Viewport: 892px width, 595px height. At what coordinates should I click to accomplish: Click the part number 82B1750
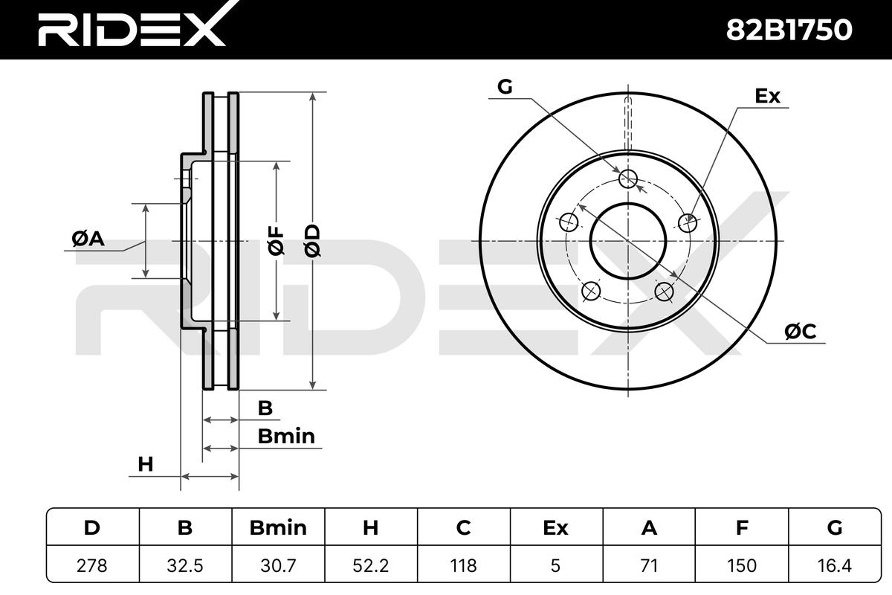click(789, 30)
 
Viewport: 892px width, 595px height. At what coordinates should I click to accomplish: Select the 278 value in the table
click(92, 565)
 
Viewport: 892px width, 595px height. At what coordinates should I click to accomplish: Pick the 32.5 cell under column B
click(185, 565)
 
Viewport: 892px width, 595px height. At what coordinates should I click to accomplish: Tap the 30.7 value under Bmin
click(278, 565)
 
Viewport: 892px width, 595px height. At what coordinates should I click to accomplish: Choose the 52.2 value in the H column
click(370, 565)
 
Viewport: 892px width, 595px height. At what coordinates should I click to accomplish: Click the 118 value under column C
click(463, 565)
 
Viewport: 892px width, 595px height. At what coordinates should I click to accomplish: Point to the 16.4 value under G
click(834, 565)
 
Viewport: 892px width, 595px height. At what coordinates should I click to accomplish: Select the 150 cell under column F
click(742, 565)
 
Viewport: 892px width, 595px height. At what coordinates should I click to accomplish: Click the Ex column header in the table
click(555, 528)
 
